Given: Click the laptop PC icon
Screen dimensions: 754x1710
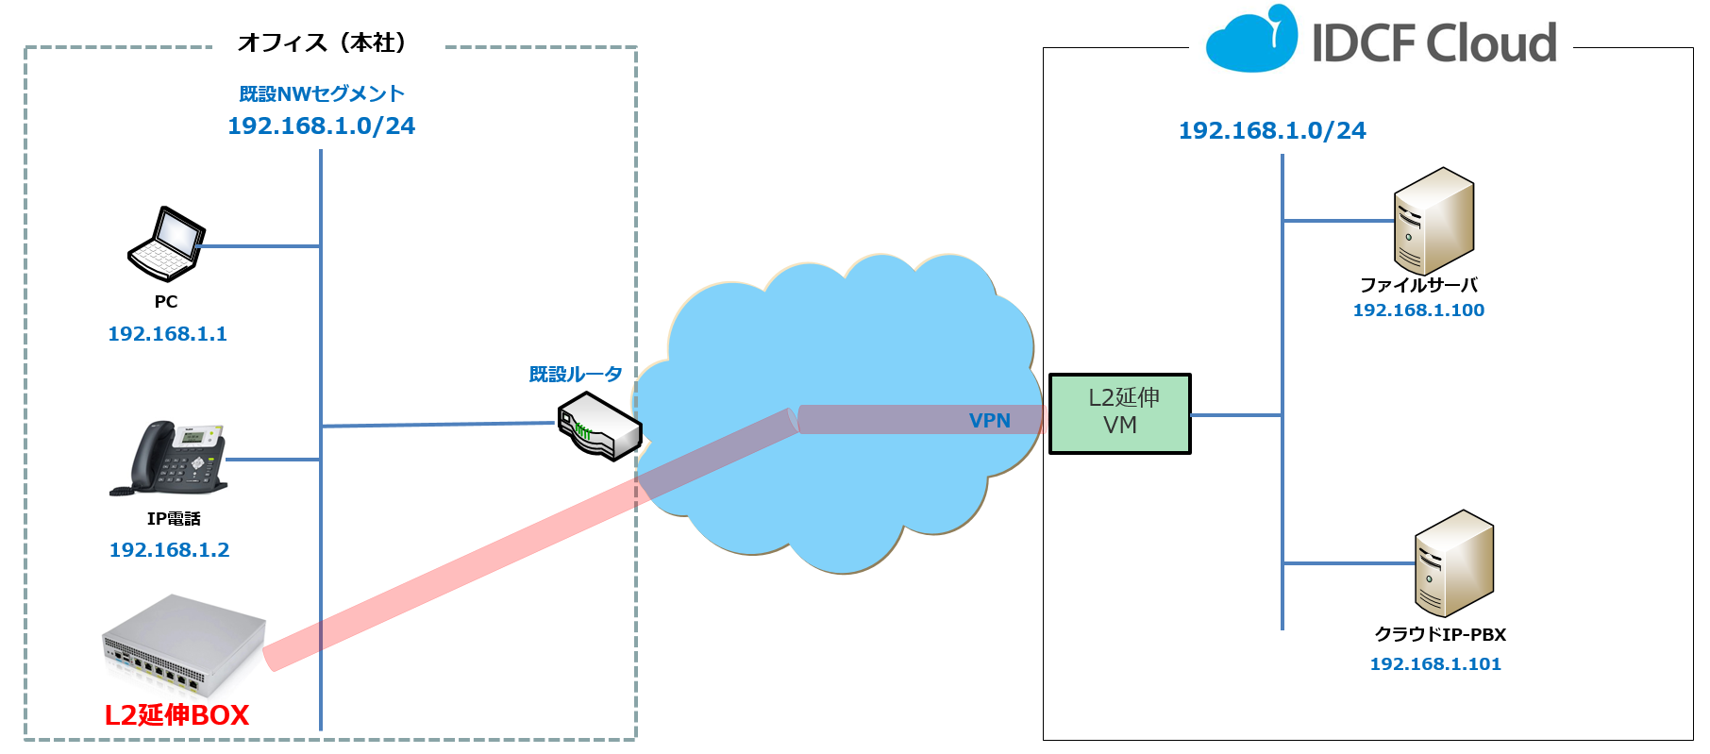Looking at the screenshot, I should click(x=166, y=243).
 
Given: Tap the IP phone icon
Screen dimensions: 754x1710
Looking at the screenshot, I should click(x=170, y=459).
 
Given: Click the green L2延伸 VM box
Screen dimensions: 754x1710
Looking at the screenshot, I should click(x=1120, y=413).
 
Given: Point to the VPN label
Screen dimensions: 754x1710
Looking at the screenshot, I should click(x=989, y=421).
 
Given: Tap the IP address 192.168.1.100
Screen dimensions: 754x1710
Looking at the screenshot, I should click(x=1418, y=310).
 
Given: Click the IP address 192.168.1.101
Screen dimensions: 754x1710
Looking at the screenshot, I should click(x=1434, y=664).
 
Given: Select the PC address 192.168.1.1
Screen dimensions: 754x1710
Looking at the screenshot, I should click(x=167, y=334).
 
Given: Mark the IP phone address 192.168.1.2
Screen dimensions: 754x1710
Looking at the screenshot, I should click(x=169, y=550).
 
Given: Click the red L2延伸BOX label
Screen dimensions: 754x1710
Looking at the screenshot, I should click(x=176, y=715).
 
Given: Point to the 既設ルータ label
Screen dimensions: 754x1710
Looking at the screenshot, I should click(x=576, y=375).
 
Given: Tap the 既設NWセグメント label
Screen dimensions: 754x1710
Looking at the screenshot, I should click(x=322, y=94).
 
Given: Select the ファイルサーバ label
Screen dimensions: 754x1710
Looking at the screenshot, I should click(x=1418, y=285).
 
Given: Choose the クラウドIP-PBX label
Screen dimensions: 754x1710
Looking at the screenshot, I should click(x=1440, y=635).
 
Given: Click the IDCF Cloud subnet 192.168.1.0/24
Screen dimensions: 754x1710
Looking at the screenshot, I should click(x=1272, y=131).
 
